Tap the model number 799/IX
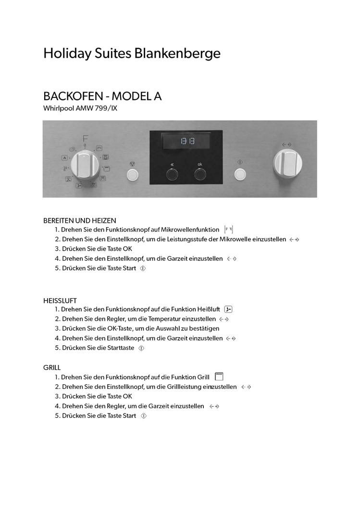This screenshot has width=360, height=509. (106, 109)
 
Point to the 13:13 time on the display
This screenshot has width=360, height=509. (187, 141)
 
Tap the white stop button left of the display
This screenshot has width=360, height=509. (133, 174)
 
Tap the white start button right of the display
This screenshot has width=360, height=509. (239, 173)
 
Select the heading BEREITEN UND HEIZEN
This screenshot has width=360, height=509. (80, 220)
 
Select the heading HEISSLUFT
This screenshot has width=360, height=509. (60, 301)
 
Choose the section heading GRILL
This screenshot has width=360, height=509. (52, 368)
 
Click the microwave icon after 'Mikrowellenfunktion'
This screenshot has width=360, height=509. (229, 230)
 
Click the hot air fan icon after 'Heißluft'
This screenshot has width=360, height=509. (229, 309)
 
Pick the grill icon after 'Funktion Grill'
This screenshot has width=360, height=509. (219, 376)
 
